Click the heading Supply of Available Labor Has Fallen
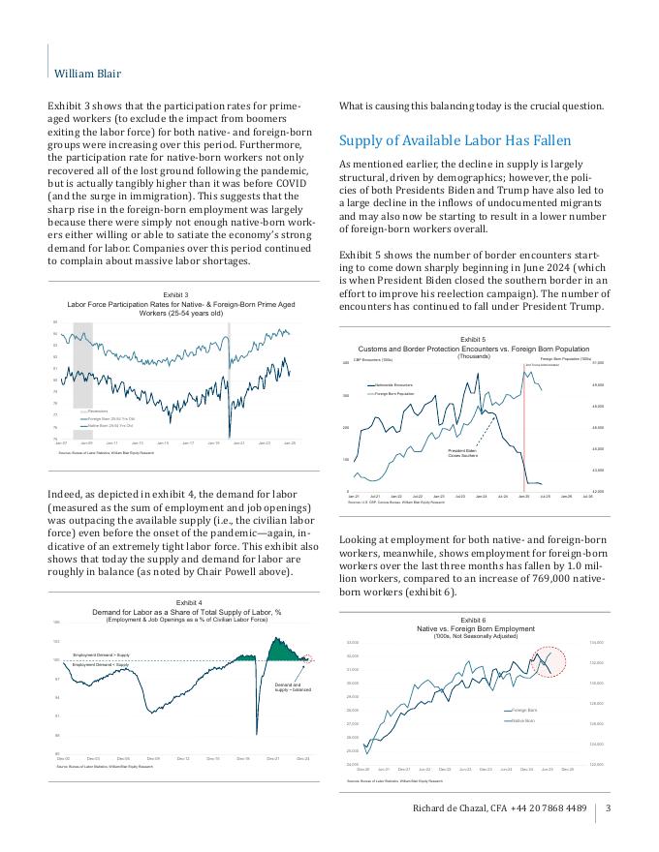coord(456,140)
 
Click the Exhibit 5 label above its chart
coord(473,340)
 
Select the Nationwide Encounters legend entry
coord(392,385)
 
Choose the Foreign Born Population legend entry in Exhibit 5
coord(393,394)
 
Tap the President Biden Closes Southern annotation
coord(463,453)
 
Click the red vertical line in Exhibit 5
coord(523,426)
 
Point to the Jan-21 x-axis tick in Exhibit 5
coord(353,496)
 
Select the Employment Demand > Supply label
coord(101,655)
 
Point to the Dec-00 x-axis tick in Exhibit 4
coord(63,758)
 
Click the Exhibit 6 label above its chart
coord(474,619)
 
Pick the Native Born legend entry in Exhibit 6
coord(523,720)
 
